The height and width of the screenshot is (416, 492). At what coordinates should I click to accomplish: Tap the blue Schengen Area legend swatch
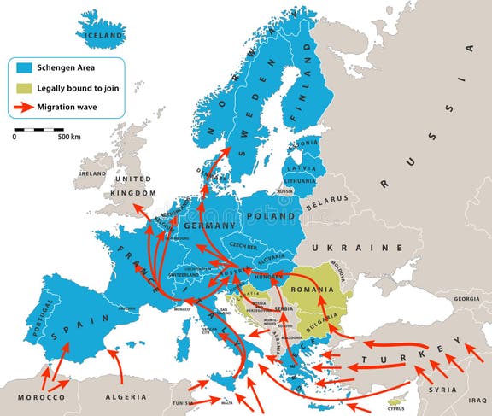click(24, 67)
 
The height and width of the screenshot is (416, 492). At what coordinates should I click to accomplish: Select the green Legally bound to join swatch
click(24, 87)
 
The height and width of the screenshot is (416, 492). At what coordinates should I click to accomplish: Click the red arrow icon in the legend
click(24, 108)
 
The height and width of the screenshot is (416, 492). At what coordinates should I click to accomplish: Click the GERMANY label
click(208, 226)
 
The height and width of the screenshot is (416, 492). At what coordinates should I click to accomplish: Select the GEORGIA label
click(466, 300)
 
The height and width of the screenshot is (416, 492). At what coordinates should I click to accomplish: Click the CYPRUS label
click(395, 408)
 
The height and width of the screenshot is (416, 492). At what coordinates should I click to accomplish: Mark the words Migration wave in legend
click(72, 108)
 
